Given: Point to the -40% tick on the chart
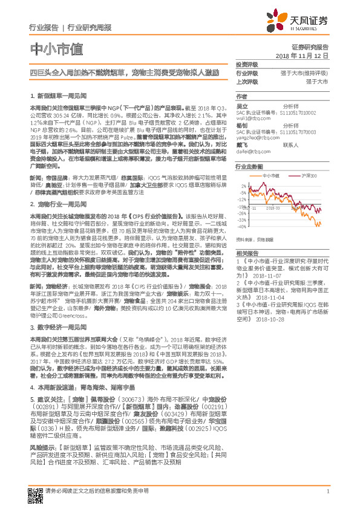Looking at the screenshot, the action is [241, 227].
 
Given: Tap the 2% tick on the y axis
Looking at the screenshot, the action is [243, 185].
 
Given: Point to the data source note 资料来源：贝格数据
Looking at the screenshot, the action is [256, 239].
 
